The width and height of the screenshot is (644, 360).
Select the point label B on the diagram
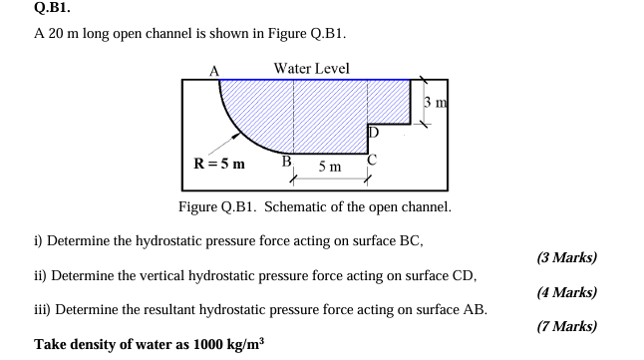pos(287,160)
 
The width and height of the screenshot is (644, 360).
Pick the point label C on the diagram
pos(373,160)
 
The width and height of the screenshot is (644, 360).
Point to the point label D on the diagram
pos(374,133)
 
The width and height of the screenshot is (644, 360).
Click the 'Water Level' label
pos(311,68)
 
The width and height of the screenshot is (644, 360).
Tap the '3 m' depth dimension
pos(434,103)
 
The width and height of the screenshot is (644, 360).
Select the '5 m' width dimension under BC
pos(330,168)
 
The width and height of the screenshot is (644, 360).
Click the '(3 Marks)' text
pos(566,257)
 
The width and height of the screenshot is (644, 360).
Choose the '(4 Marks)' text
pos(566,292)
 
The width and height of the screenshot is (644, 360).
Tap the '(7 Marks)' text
pos(566,326)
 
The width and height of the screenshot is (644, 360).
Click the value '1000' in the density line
pos(203,344)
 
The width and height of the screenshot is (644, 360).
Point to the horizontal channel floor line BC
pos(330,152)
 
